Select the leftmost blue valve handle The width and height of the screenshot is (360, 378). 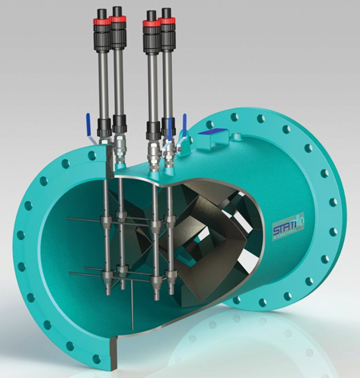click(x=86, y=126)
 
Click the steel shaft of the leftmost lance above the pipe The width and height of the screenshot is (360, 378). click(x=104, y=80)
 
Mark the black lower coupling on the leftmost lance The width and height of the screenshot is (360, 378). click(x=104, y=127)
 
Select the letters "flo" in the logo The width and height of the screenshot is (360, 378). click(x=306, y=215)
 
